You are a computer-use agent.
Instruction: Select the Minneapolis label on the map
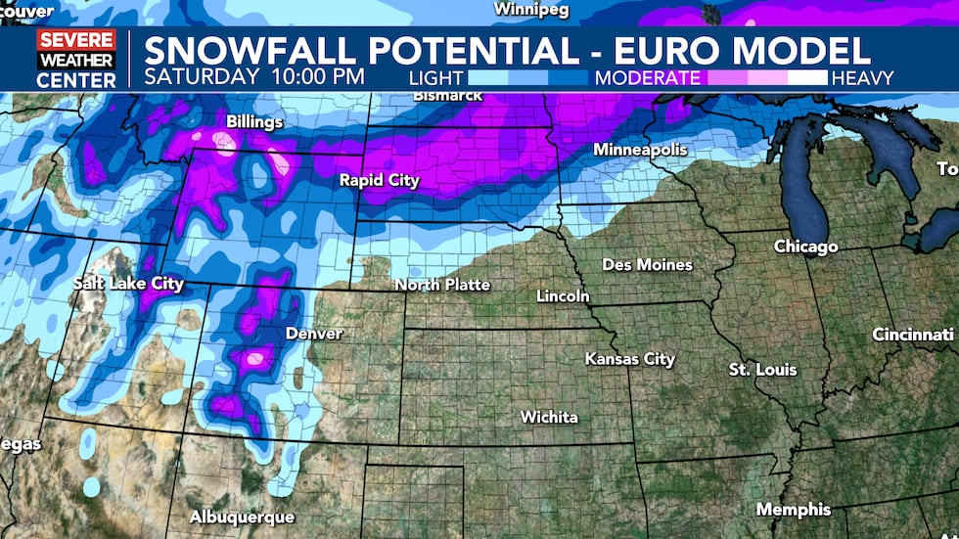click(640, 150)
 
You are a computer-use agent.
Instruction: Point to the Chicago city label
click(805, 246)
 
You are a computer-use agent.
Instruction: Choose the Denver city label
click(314, 334)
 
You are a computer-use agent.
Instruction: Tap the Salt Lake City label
click(128, 284)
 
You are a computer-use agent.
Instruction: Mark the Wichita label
click(548, 417)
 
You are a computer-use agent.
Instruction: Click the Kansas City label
click(629, 359)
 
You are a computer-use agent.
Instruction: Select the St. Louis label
click(762, 370)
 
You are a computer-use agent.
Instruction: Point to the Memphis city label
click(793, 510)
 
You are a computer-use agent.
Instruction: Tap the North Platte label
click(441, 285)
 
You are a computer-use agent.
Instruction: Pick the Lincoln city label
click(563, 295)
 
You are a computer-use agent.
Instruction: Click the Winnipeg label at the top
click(530, 10)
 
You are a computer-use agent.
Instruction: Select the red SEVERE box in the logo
click(76, 41)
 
